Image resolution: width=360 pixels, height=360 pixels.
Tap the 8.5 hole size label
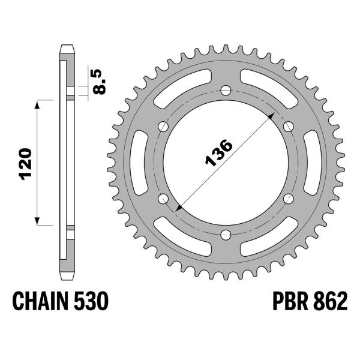100,80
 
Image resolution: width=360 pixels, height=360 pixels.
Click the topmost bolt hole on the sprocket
226,91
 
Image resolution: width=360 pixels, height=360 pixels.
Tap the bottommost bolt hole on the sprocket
226,235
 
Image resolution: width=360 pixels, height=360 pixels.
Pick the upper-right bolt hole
288,127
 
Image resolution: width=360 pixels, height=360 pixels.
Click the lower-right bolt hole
288,199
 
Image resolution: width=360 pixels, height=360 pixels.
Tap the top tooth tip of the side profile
67,47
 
